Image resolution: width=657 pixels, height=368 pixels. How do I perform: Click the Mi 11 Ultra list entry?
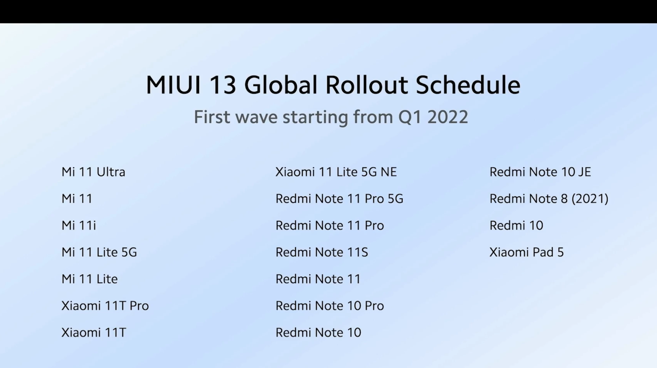tap(93, 172)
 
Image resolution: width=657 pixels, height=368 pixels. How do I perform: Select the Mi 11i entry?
tap(79, 225)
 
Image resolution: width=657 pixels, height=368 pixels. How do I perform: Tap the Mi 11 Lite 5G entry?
tap(99, 252)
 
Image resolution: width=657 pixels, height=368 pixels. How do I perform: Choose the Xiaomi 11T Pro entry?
tap(105, 306)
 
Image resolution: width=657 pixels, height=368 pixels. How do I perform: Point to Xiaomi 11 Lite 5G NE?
tap(336, 172)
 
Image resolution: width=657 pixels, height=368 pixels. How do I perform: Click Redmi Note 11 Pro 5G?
tap(340, 199)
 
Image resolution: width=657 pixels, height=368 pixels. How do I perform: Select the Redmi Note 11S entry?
tap(322, 252)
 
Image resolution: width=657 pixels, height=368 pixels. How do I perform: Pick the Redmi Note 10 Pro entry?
tap(330, 306)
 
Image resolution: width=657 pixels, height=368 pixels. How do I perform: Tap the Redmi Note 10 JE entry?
tap(540, 172)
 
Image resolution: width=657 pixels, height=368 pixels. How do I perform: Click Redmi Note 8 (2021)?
tap(549, 199)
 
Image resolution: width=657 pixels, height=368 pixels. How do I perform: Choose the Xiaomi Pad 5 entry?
tap(527, 252)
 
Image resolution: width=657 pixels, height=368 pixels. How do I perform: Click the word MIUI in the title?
tap(173, 85)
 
